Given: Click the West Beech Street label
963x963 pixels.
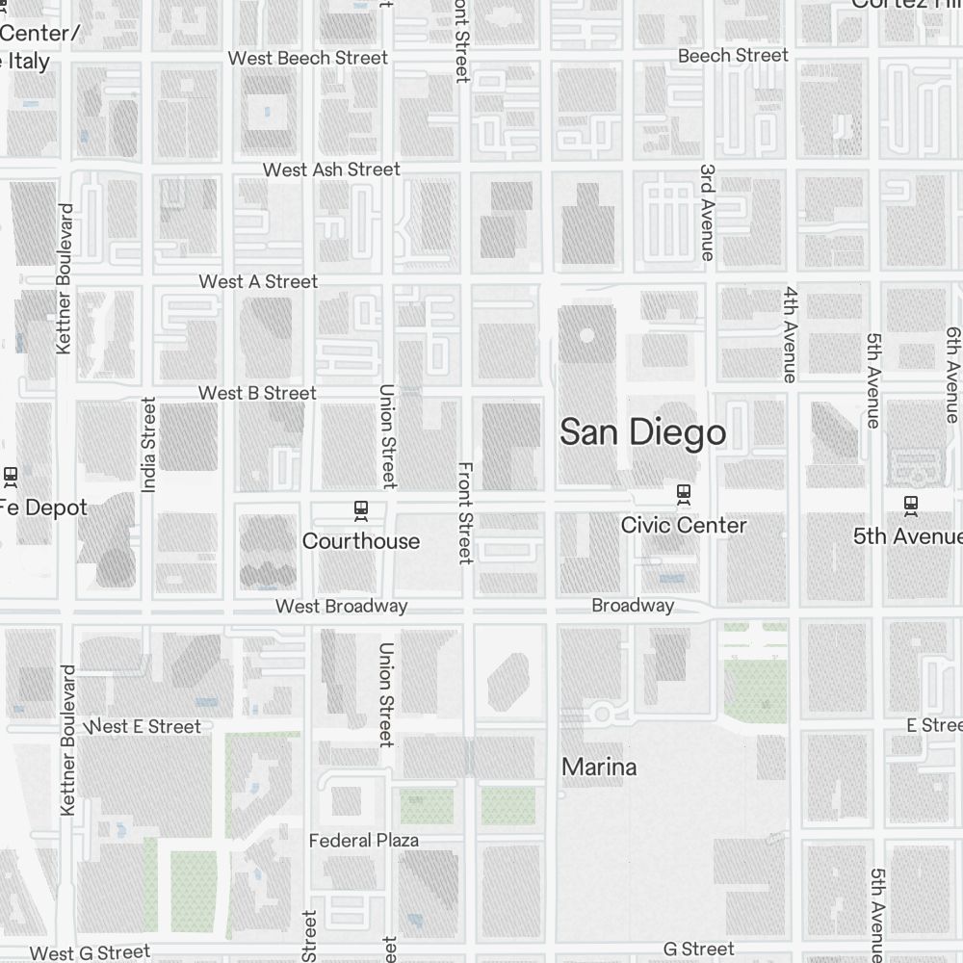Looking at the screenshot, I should [x=308, y=58].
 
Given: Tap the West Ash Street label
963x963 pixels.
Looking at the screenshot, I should [x=331, y=169].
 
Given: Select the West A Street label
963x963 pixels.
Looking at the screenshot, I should [x=258, y=281].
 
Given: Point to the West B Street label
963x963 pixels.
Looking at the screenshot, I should [x=257, y=393].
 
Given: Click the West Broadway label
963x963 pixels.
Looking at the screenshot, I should [x=341, y=606].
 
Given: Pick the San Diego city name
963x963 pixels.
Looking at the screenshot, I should [x=643, y=432].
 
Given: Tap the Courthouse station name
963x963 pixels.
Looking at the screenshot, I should [x=361, y=541].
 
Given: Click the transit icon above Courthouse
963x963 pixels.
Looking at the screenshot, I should [x=362, y=508].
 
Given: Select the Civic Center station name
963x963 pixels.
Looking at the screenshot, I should [x=684, y=525].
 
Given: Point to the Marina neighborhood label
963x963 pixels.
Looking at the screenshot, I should [x=599, y=768].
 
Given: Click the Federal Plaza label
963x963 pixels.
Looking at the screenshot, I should [x=364, y=841].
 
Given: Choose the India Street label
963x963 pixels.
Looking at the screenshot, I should [x=148, y=445].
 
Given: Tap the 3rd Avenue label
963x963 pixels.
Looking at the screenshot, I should [x=708, y=212].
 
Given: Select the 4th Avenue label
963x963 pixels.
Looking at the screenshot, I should [x=791, y=334].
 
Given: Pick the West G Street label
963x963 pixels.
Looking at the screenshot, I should [x=91, y=952].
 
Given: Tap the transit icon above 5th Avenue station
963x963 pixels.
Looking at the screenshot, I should [x=910, y=503].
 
